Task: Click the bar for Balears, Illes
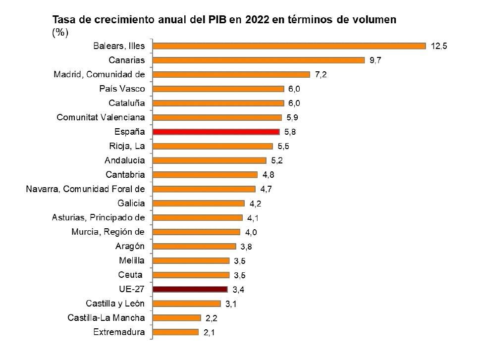coord(289,46)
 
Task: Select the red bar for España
coord(216,132)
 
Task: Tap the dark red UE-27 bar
coord(190,289)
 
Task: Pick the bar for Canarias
coord(259,60)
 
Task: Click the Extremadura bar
coord(175,332)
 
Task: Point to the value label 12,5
coord(439,46)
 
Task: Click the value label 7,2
coord(321,75)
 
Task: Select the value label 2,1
coord(210,333)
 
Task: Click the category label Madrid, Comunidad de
coord(99,75)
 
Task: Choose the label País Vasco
coord(122,89)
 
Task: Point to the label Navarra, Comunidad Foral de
coord(85,189)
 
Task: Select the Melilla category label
coord(132,260)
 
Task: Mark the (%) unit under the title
coord(60,33)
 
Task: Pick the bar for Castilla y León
coord(187,304)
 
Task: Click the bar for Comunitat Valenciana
coord(217,118)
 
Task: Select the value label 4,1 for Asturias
coord(253,218)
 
